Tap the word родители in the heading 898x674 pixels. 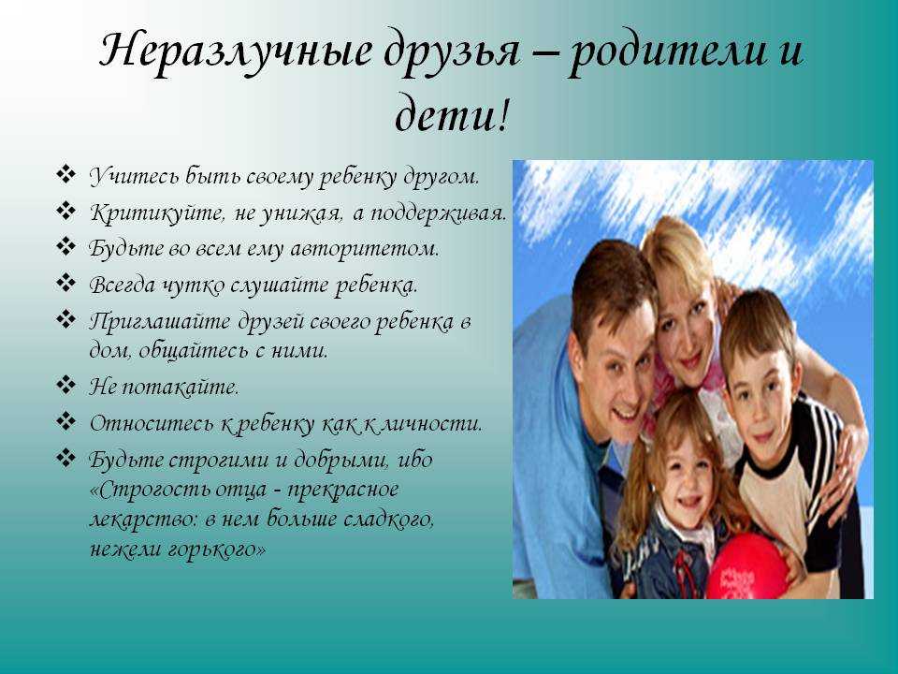[x=667, y=51]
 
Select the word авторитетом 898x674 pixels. [x=365, y=249]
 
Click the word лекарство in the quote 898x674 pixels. [x=143, y=520]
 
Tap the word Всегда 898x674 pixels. [x=122, y=285]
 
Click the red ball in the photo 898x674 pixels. [x=746, y=566]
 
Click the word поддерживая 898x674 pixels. [x=438, y=213]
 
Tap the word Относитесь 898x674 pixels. [x=152, y=424]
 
